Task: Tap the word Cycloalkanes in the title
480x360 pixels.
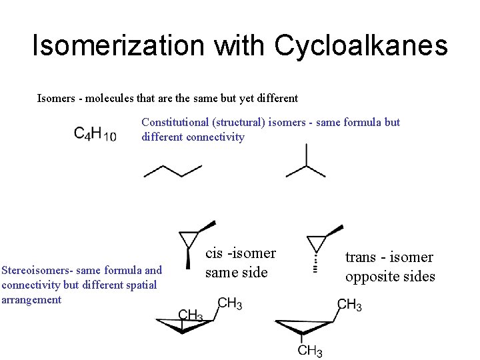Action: coord(361,46)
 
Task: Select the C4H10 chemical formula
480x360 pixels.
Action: coord(95,133)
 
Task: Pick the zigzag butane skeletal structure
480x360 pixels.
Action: coord(173,171)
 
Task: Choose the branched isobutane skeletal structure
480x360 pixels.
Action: coord(305,163)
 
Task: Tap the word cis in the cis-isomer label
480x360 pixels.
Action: coord(214,253)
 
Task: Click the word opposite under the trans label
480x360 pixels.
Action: coord(369,276)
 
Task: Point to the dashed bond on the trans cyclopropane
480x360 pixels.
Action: coord(315,260)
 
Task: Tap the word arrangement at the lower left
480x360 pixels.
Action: coord(31,299)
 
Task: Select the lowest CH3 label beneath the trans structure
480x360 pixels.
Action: coord(310,351)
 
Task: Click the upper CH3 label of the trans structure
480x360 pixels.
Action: coord(349,305)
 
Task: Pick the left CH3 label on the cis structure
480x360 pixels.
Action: coord(191,315)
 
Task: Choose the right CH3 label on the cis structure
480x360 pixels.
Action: coord(229,304)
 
